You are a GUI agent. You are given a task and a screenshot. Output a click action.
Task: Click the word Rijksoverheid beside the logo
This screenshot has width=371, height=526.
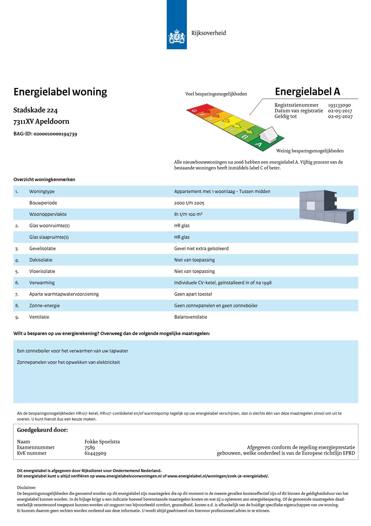pyautogui.click(x=208, y=33)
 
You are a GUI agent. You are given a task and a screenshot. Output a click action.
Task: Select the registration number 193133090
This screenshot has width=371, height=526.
pyautogui.click(x=339, y=105)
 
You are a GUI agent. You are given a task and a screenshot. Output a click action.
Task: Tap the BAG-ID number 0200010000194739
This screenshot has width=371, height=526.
pyautogui.click(x=55, y=134)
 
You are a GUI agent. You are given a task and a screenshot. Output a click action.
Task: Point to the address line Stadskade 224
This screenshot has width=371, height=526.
pyautogui.click(x=36, y=110)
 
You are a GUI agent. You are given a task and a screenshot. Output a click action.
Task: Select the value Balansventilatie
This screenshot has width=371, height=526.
pyautogui.click(x=191, y=317)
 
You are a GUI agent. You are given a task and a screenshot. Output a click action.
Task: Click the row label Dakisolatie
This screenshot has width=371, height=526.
pyautogui.click(x=41, y=260)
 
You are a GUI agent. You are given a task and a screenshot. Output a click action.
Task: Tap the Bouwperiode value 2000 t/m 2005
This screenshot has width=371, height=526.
pyautogui.click(x=189, y=203)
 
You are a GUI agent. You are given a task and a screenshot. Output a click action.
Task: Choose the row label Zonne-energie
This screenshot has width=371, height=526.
pyautogui.click(x=44, y=306)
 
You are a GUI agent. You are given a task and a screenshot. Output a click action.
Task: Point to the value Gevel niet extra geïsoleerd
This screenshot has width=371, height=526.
pyautogui.click(x=201, y=249)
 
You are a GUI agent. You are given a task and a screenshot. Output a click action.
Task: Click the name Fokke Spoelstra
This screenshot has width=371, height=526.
pyautogui.click(x=102, y=442)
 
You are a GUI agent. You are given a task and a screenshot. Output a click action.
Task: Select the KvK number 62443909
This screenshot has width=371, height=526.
pyautogui.click(x=95, y=453)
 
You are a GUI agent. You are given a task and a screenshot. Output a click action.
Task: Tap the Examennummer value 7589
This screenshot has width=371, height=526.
pyautogui.click(x=90, y=448)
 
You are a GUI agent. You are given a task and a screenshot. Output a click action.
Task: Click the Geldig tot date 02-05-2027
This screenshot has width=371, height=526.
pyautogui.click(x=340, y=117)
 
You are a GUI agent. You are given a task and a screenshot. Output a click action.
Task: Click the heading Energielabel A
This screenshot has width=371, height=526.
pyautogui.click(x=307, y=92)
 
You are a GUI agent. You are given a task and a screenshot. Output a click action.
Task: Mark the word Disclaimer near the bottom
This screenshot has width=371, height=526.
pyautogui.click(x=26, y=488)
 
